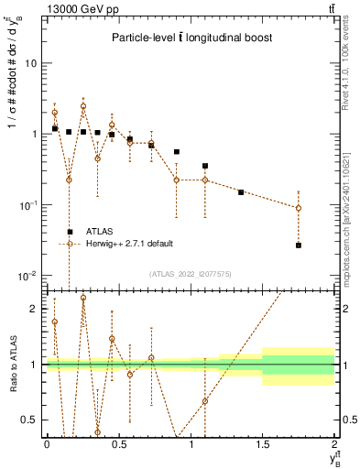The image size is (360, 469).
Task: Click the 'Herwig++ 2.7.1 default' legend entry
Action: pos(128,244)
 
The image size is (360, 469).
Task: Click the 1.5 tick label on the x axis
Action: pos(263,443)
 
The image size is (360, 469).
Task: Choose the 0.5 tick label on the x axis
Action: pos(118,443)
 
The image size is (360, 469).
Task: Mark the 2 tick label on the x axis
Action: pos(334,443)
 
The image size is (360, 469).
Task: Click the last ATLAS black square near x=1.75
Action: pos(299,245)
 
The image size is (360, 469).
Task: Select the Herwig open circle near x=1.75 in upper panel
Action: pos(299,208)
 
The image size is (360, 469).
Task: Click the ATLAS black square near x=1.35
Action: pos(241,192)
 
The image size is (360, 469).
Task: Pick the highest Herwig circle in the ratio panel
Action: pos(83,298)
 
